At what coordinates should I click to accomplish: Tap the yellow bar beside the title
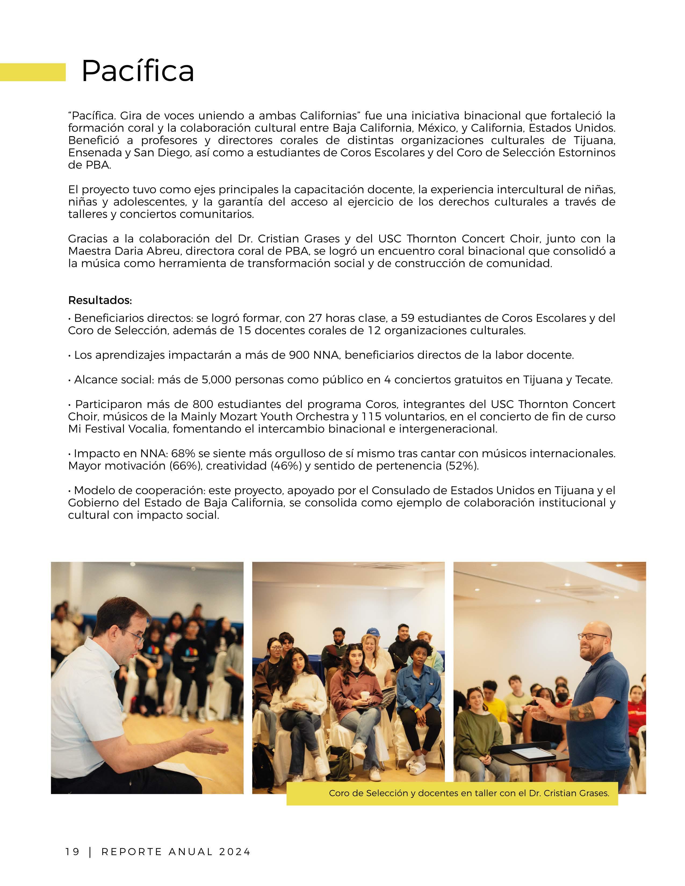point(33,72)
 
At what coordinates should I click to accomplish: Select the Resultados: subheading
point(100,301)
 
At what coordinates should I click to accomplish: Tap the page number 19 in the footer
point(73,852)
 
